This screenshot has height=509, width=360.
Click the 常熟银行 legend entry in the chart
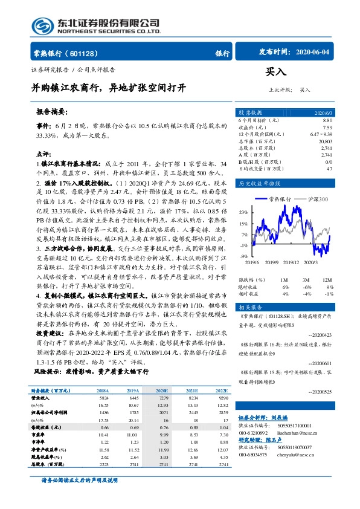pyautogui.click(x=280, y=198)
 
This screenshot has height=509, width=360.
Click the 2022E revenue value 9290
pyautogui.click(x=223, y=398)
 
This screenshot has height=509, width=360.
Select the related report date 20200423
pyautogui.click(x=320, y=334)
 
